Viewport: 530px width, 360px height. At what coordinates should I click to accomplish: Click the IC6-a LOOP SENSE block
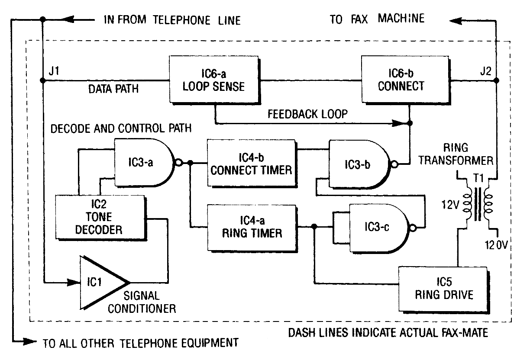215,80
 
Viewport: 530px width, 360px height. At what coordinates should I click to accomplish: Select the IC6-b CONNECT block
406,80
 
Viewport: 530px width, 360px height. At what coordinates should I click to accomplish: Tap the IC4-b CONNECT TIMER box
252,164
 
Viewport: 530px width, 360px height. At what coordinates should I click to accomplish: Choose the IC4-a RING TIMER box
252,228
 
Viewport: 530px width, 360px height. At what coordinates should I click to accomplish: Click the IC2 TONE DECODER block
101,218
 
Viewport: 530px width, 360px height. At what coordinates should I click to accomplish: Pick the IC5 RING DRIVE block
444,289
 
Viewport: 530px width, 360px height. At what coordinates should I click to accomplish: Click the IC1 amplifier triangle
104,283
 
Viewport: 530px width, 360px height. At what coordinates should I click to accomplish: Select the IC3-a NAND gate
144,163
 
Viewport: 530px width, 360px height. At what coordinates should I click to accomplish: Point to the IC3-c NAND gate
379,228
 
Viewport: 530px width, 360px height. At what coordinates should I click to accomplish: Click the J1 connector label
54,71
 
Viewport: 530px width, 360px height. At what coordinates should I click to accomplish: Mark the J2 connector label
486,71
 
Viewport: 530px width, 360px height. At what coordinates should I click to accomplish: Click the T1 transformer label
478,178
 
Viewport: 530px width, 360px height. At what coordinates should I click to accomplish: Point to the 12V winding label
450,205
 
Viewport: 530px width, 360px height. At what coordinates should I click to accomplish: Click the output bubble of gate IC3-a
179,163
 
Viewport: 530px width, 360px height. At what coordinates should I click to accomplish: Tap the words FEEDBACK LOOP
307,114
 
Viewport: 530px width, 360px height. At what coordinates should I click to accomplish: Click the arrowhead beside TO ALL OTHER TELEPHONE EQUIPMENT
29,341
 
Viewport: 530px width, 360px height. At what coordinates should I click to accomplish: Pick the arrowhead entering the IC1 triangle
73,282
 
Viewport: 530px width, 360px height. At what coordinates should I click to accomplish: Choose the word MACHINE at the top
401,19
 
